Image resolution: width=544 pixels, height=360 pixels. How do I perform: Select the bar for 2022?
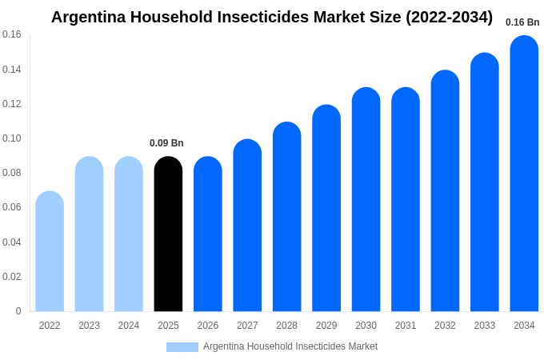point(50,252)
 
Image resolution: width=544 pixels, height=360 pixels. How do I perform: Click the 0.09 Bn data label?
point(166,143)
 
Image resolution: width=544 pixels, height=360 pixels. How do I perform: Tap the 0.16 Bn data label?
point(522,22)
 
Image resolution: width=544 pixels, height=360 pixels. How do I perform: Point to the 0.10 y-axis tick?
point(12,138)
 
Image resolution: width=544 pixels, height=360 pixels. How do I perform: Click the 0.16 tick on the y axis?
point(12,34)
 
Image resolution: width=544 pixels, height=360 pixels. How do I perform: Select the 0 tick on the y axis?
point(18,311)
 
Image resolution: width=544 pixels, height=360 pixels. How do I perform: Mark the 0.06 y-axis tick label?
point(12,207)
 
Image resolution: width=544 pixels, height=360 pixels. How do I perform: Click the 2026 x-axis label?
point(208,326)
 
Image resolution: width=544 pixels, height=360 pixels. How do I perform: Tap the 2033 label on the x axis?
point(485,326)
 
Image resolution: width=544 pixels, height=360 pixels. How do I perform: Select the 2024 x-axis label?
point(129,326)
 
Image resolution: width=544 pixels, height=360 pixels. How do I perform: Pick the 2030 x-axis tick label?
point(366,326)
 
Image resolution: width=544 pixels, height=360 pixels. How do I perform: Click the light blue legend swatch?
point(182,347)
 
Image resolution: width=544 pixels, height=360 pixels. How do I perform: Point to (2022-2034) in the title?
point(449,17)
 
